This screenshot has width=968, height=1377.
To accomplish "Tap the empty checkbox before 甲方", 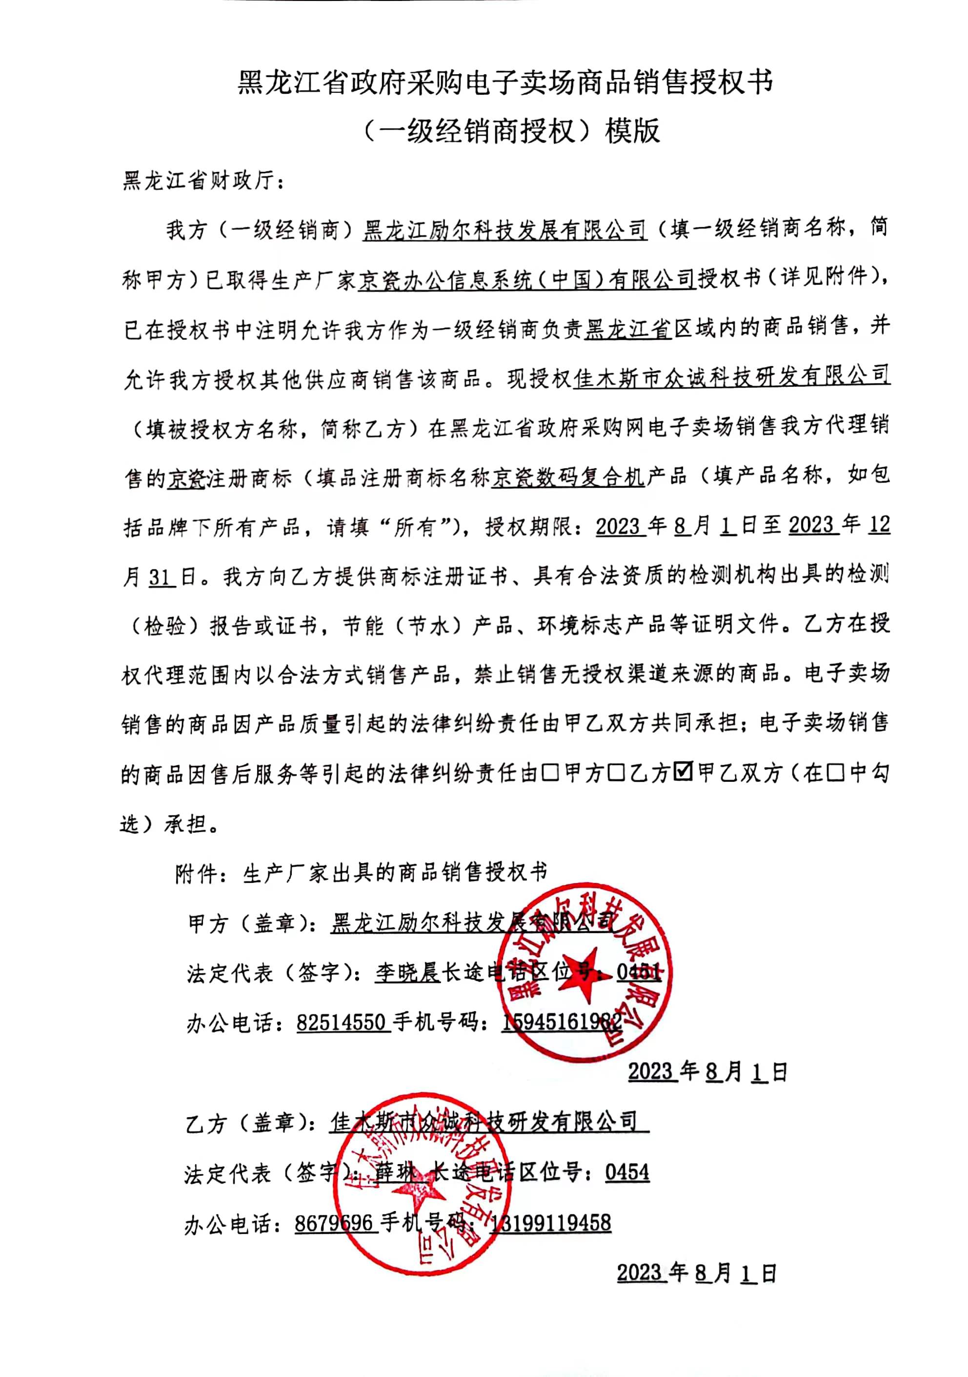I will click(550, 772).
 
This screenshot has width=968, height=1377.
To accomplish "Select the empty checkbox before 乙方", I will click(616, 772).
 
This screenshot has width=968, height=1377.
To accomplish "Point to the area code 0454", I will click(627, 1172).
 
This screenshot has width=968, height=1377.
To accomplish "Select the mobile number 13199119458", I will click(550, 1222).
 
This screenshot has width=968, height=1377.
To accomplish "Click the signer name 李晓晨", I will click(407, 972).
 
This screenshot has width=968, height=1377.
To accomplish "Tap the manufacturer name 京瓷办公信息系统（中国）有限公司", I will click(526, 279).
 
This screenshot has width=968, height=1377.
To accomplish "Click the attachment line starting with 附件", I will click(361, 873).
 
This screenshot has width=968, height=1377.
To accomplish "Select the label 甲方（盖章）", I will click(252, 923).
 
